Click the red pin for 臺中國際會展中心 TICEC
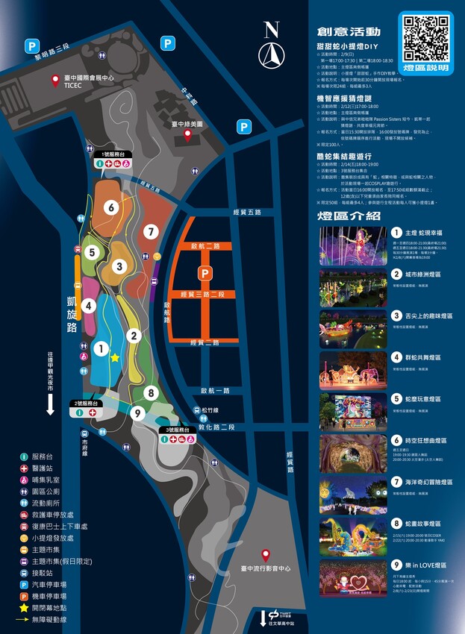tap(54, 81)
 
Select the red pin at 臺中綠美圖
tap(188, 135)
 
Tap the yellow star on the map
tap(115, 358)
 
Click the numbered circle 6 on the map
tap(111, 207)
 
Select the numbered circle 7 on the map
tap(151, 232)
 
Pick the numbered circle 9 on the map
tap(137, 412)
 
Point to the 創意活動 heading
tap(349, 32)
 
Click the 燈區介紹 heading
tap(349, 216)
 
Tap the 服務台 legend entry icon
tap(25, 456)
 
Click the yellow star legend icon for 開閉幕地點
tap(25, 607)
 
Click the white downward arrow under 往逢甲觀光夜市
tap(50, 405)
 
